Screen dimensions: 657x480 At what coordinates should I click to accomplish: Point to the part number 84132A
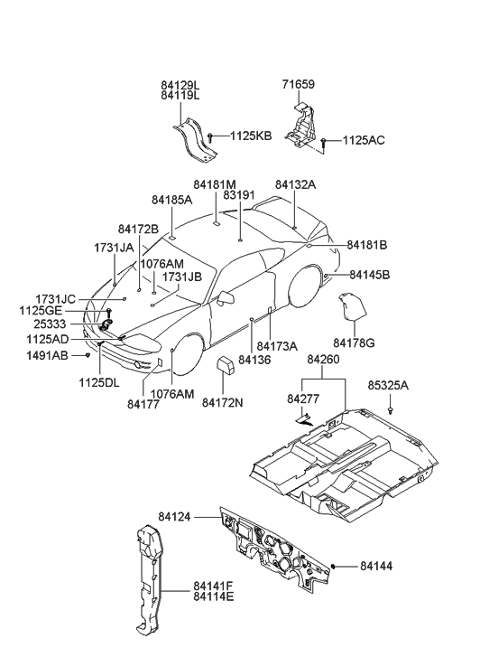pyautogui.click(x=296, y=184)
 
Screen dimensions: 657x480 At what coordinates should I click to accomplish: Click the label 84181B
pyautogui.click(x=367, y=245)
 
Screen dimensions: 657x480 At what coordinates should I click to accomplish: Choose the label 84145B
pyautogui.click(x=369, y=274)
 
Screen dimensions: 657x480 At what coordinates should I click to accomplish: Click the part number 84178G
pyautogui.click(x=354, y=343)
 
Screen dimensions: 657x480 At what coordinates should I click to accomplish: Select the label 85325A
pyautogui.click(x=388, y=384)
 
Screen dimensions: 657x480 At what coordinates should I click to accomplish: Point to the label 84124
pyautogui.click(x=176, y=517)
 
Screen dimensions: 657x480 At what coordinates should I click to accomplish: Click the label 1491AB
pyautogui.click(x=48, y=356)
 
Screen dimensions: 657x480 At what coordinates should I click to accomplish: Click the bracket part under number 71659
pyautogui.click(x=301, y=127)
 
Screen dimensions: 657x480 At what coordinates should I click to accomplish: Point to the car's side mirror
pyautogui.click(x=227, y=296)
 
